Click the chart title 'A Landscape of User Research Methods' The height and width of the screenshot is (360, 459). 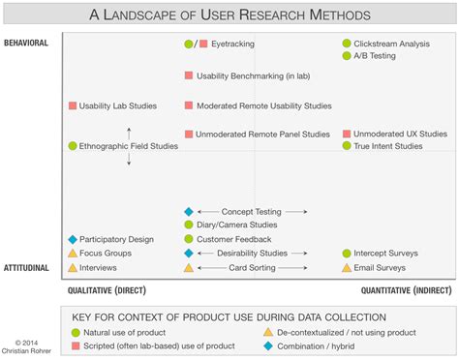(x=229, y=15)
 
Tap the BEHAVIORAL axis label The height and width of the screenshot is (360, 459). (x=26, y=44)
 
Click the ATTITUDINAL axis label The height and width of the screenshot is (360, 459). (x=26, y=267)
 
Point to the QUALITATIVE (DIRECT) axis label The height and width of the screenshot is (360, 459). (x=107, y=290)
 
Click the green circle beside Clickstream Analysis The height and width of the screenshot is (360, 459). (x=347, y=44)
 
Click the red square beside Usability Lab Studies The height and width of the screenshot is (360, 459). (x=73, y=105)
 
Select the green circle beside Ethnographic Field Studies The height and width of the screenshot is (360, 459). (x=73, y=146)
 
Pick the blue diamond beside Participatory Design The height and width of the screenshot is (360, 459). (x=73, y=239)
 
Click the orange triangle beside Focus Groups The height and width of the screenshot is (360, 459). (x=73, y=254)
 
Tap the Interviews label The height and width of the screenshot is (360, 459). (x=99, y=268)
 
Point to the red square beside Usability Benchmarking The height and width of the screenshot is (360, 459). (x=189, y=75)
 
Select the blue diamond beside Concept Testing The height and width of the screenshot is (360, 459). (x=189, y=211)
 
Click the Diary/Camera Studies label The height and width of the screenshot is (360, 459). (x=229, y=225)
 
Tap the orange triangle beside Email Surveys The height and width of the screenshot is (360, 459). (x=347, y=268)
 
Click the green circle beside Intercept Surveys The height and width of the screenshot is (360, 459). (x=347, y=254)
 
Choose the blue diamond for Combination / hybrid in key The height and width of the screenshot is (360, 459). (x=268, y=345)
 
